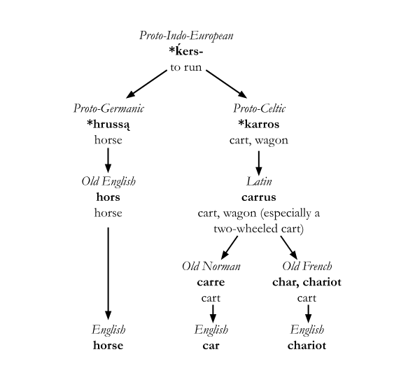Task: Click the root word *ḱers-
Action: pyautogui.click(x=186, y=52)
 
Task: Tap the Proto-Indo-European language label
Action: pyautogui.click(x=186, y=35)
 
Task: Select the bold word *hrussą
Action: pyautogui.click(x=108, y=125)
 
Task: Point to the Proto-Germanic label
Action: pyautogui.click(x=108, y=108)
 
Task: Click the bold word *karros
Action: pyautogui.click(x=259, y=125)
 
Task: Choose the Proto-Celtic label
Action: pyautogui.click(x=259, y=108)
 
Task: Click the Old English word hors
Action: pyautogui.click(x=108, y=197)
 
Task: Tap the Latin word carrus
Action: pyautogui.click(x=259, y=197)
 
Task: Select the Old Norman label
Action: pyautogui.click(x=211, y=266)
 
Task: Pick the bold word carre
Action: pyautogui.click(x=211, y=282)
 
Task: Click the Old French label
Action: pyautogui.click(x=307, y=266)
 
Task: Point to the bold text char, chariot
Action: pyautogui.click(x=307, y=282)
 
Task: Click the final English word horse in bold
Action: pyautogui.click(x=108, y=345)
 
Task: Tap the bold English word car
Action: pyautogui.click(x=211, y=345)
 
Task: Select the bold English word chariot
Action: pyautogui.click(x=307, y=345)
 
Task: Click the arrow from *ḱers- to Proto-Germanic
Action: pyautogui.click(x=146, y=83)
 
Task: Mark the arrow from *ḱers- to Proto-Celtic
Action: pyautogui.click(x=227, y=83)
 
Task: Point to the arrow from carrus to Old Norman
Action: pyautogui.click(x=230, y=246)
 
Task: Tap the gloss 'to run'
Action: pyautogui.click(x=186, y=68)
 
